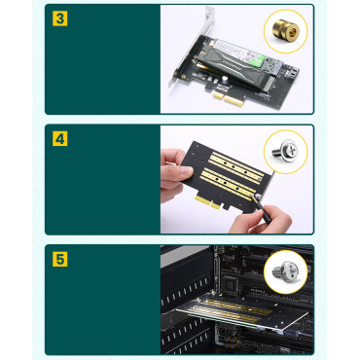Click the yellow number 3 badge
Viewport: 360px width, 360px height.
[x=59, y=18]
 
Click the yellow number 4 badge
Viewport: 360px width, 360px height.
[x=59, y=139]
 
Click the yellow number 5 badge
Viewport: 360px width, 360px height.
[x=59, y=260]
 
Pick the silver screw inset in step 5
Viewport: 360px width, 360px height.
[x=289, y=270]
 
